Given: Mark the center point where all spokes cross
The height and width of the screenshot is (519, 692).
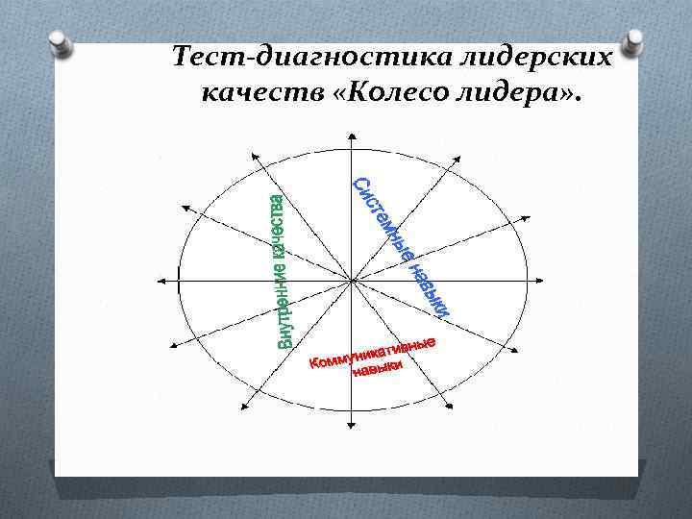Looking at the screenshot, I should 354,281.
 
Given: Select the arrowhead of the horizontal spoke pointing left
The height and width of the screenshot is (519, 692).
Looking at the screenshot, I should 160,281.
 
